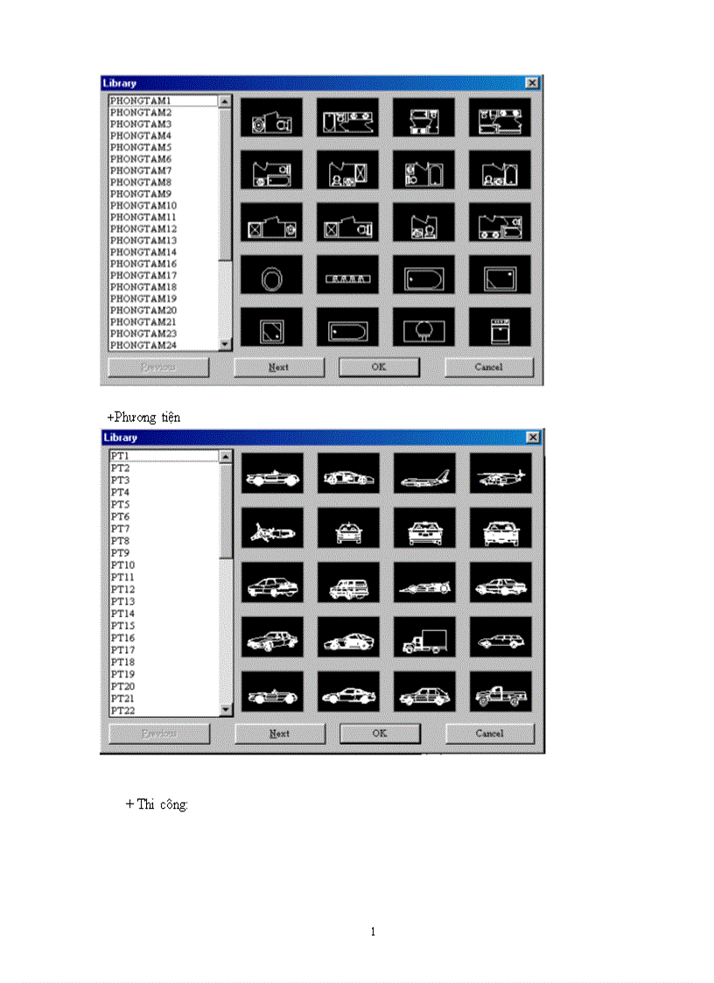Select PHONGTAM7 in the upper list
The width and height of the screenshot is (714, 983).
pyautogui.click(x=141, y=171)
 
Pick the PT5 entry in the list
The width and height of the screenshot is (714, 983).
pyautogui.click(x=120, y=505)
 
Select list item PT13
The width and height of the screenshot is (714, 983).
pyautogui.click(x=122, y=601)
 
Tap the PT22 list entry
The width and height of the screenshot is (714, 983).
pyautogui.click(x=122, y=710)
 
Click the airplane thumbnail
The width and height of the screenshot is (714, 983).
pyautogui.click(x=424, y=477)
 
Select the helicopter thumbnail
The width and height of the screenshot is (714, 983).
pyautogui.click(x=500, y=477)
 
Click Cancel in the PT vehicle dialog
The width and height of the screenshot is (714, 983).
pyautogui.click(x=489, y=734)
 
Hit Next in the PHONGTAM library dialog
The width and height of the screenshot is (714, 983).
pyautogui.click(x=278, y=368)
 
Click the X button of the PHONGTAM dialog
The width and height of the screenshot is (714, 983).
pyautogui.click(x=532, y=82)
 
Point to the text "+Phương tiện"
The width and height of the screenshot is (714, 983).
pyautogui.click(x=143, y=418)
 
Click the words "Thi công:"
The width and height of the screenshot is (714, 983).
pyautogui.click(x=163, y=804)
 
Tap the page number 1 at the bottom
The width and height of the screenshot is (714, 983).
pyautogui.click(x=373, y=931)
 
